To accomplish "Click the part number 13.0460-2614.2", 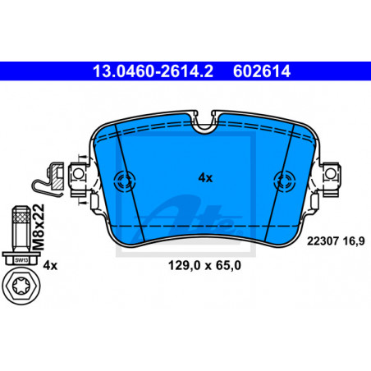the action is (153, 71).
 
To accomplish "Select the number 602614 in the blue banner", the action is (262, 71).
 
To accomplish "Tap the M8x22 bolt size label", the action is (38, 227).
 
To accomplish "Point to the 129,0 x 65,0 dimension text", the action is (204, 265).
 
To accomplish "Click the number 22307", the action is (323, 241).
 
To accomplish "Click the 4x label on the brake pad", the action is (205, 178).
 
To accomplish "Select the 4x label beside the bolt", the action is (50, 265).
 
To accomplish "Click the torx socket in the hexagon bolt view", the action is (21, 286).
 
